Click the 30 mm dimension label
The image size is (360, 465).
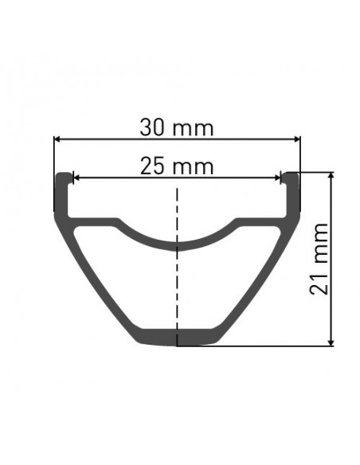point(177,128)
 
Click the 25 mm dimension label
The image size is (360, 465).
point(177,166)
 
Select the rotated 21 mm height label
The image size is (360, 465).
point(319,259)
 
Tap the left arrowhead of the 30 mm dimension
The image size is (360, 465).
point(57,139)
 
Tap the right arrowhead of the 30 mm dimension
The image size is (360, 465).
point(296,139)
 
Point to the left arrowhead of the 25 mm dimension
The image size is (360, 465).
point(76,178)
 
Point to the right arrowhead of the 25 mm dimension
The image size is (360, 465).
point(277,178)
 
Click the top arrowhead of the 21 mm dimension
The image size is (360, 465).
point(331,176)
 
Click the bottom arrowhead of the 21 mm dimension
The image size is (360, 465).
point(331,342)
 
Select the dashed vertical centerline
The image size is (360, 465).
point(177,267)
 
